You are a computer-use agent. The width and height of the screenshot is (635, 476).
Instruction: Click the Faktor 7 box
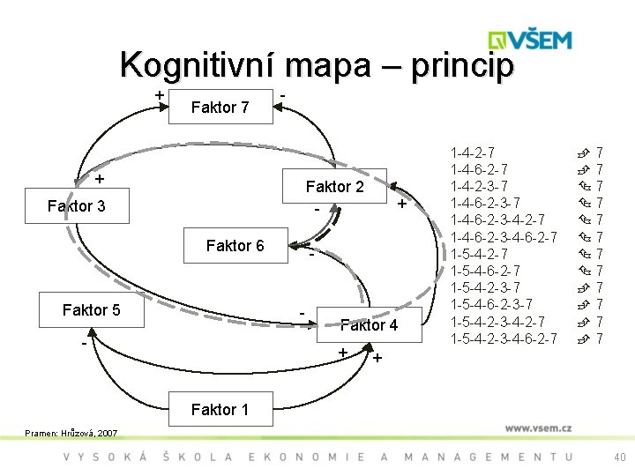220,108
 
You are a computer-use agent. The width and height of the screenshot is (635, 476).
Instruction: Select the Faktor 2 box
334,187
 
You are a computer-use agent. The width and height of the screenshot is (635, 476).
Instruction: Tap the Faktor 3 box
76,206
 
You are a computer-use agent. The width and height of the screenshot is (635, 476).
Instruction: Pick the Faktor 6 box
235,246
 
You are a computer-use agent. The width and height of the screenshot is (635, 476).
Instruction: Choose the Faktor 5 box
91,309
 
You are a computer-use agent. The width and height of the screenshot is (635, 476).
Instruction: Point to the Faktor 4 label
370,325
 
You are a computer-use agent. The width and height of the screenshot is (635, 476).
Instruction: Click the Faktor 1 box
220,409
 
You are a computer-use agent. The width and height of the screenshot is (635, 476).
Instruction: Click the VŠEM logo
530,41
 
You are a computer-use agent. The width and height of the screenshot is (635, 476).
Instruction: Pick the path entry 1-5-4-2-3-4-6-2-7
504,338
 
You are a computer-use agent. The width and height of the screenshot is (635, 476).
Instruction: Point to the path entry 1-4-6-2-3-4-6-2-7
504,237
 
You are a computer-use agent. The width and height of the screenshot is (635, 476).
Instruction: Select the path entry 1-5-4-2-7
478,254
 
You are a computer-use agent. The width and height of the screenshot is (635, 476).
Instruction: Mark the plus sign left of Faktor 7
159,94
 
